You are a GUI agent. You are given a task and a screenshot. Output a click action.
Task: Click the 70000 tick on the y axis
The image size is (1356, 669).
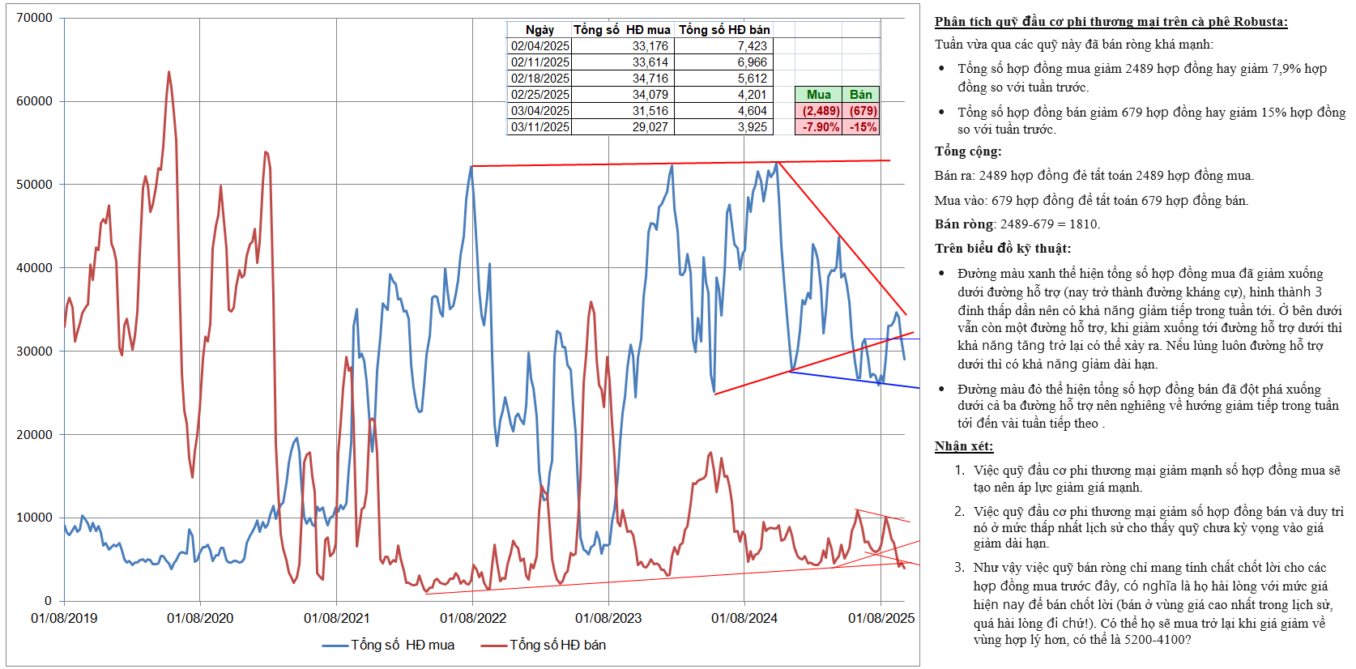[34, 18]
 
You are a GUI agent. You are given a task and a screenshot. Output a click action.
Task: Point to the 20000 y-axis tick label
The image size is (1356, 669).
[34, 435]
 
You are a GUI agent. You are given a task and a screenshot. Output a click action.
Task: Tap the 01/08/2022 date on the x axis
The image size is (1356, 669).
[473, 619]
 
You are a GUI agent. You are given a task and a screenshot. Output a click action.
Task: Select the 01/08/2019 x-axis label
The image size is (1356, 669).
[64, 619]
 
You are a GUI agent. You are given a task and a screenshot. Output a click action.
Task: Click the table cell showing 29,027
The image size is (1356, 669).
[650, 127]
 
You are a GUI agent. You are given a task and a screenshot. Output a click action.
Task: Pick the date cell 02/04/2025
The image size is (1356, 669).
[539, 46]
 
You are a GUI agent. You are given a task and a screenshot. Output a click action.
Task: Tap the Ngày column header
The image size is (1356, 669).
[539, 30]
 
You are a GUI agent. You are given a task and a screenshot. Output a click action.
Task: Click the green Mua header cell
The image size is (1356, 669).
[818, 95]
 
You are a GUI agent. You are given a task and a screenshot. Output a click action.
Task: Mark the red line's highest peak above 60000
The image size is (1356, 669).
[168, 72]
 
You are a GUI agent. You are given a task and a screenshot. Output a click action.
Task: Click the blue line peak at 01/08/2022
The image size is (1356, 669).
[471, 167]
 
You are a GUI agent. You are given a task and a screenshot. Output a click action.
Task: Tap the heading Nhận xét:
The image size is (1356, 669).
[963, 446]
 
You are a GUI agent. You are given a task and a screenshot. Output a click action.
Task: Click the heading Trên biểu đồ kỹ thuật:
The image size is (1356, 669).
[1002, 249]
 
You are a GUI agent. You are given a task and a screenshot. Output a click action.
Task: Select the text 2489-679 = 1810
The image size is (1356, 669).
[1050, 224]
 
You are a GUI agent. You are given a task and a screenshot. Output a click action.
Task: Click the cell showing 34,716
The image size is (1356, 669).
[650, 79]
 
